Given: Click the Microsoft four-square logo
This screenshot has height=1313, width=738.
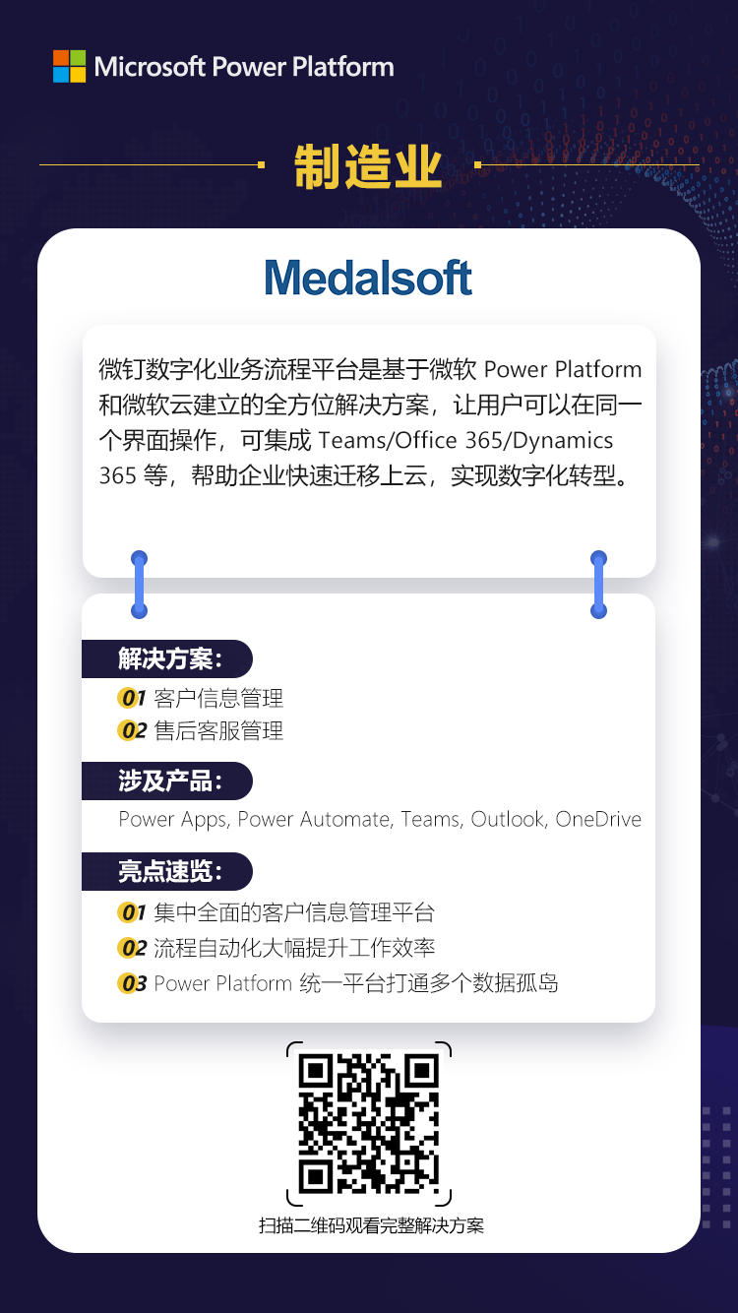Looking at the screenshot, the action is (x=70, y=66).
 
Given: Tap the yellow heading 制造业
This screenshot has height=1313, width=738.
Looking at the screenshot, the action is (x=368, y=167).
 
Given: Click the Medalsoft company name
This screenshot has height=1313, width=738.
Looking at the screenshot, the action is (x=368, y=278).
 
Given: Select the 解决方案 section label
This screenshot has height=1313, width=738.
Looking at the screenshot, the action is (x=168, y=658).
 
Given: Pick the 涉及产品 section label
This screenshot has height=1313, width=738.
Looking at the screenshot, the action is (x=168, y=781).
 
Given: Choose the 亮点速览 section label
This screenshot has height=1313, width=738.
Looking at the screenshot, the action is (x=168, y=871).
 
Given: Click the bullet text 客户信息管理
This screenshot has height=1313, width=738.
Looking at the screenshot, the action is (x=218, y=699).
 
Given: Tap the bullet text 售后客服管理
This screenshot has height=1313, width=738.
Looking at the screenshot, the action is (x=218, y=731).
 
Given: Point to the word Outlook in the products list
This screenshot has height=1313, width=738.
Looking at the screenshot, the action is (x=508, y=819).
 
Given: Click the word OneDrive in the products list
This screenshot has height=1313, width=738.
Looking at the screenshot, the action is (x=598, y=819).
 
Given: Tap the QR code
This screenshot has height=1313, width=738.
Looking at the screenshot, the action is (x=368, y=1124).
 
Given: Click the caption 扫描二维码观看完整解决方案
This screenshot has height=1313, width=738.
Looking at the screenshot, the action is (x=371, y=1225).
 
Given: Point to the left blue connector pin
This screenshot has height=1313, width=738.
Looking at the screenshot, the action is (x=140, y=585).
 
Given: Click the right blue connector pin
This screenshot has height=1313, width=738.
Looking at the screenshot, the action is (x=598, y=585).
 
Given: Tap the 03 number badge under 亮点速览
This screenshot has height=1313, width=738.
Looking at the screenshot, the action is (x=133, y=983).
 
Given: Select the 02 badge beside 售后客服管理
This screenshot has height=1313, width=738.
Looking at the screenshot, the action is (x=133, y=731).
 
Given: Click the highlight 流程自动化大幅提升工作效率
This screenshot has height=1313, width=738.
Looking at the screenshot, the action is (x=294, y=948).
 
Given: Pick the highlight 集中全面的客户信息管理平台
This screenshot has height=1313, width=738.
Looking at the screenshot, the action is (x=294, y=912).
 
